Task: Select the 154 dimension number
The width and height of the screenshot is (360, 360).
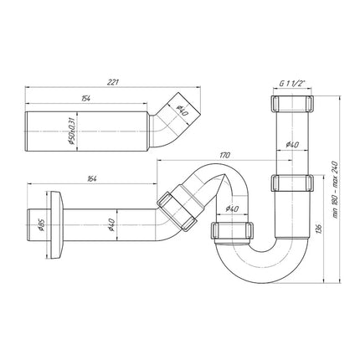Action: point(86,98)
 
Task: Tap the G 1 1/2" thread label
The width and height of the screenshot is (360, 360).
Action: point(292,83)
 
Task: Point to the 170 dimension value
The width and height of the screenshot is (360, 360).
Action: point(224,155)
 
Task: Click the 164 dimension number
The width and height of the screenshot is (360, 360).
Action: point(91,179)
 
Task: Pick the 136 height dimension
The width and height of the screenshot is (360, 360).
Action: point(321,229)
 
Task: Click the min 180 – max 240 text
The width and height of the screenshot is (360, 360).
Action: point(335,189)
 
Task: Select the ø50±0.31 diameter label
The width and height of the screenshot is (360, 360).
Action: point(71,131)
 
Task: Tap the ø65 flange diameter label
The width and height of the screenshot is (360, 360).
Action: point(41,225)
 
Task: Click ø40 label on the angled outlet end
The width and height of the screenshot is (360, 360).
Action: point(183,111)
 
